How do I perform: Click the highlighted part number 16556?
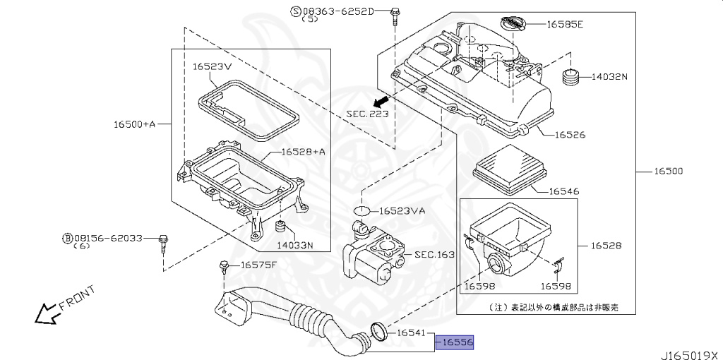[x=455, y=342]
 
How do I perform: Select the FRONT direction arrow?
[x=48, y=311]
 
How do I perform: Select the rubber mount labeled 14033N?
[x=280, y=228]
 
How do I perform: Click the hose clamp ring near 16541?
[x=378, y=329]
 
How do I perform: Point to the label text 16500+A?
[x=134, y=124]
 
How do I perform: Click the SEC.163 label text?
[x=434, y=254]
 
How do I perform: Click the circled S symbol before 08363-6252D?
[x=296, y=11]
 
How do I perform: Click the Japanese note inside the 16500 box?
[x=554, y=307]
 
